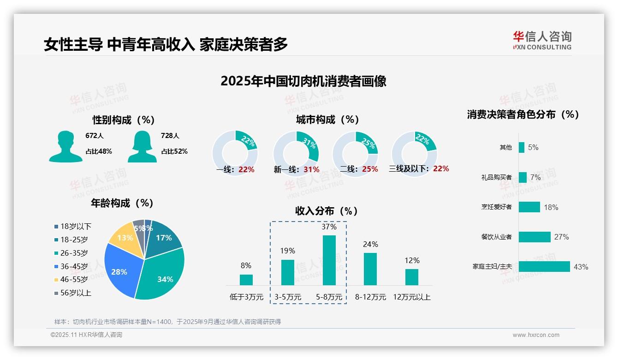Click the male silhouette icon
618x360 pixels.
point(65,146)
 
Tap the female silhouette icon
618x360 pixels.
point(142,146)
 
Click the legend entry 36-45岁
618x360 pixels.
point(74,266)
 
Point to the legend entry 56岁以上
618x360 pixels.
point(76,293)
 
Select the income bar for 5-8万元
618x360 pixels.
point(329,260)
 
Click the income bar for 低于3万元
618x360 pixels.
point(246,280)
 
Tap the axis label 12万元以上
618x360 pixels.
point(411,297)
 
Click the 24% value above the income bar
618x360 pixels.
point(370,244)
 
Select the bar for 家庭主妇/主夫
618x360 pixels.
point(544,267)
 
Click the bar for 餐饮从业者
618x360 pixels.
point(535,237)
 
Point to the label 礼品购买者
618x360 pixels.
point(496,177)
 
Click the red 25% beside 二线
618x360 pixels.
point(370,169)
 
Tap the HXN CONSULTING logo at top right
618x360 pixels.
point(542,41)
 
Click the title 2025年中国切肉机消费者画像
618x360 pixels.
point(303,81)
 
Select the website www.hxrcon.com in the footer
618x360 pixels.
point(536,335)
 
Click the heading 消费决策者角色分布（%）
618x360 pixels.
point(523,114)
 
